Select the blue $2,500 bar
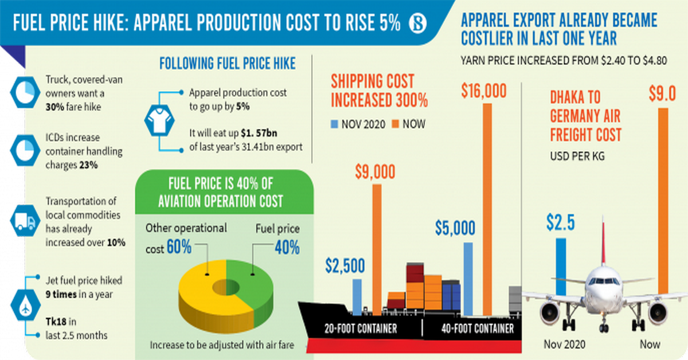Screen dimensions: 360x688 (357, 297)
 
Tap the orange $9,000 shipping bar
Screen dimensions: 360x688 (377, 249)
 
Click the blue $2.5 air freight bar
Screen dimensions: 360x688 (561, 258)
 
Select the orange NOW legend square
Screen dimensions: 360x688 (396, 124)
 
